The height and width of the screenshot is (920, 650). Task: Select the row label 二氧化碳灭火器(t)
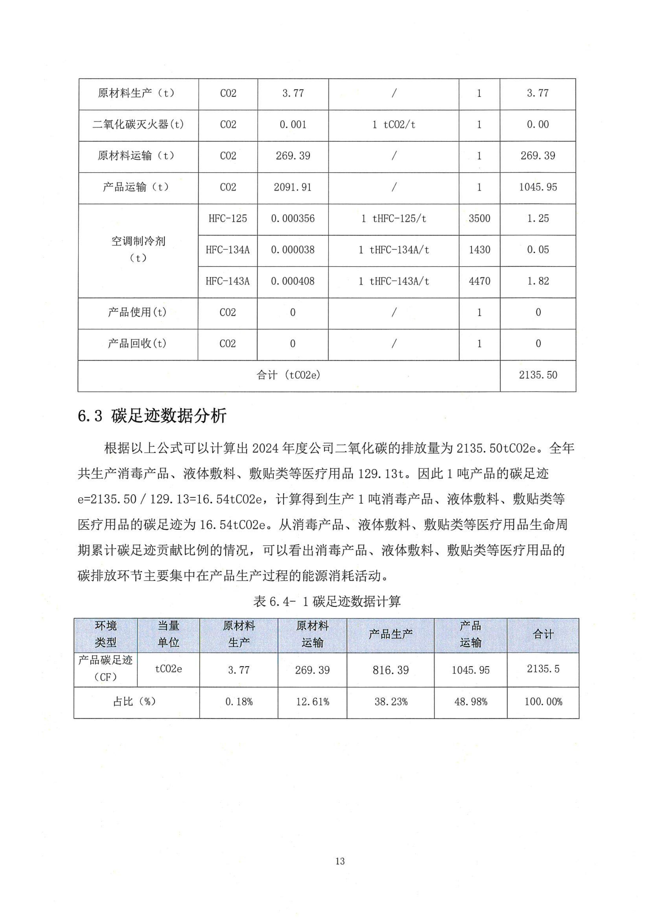coord(138,125)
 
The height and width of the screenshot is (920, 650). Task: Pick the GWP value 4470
coord(479,281)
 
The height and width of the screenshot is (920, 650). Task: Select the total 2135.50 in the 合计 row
coord(538,375)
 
